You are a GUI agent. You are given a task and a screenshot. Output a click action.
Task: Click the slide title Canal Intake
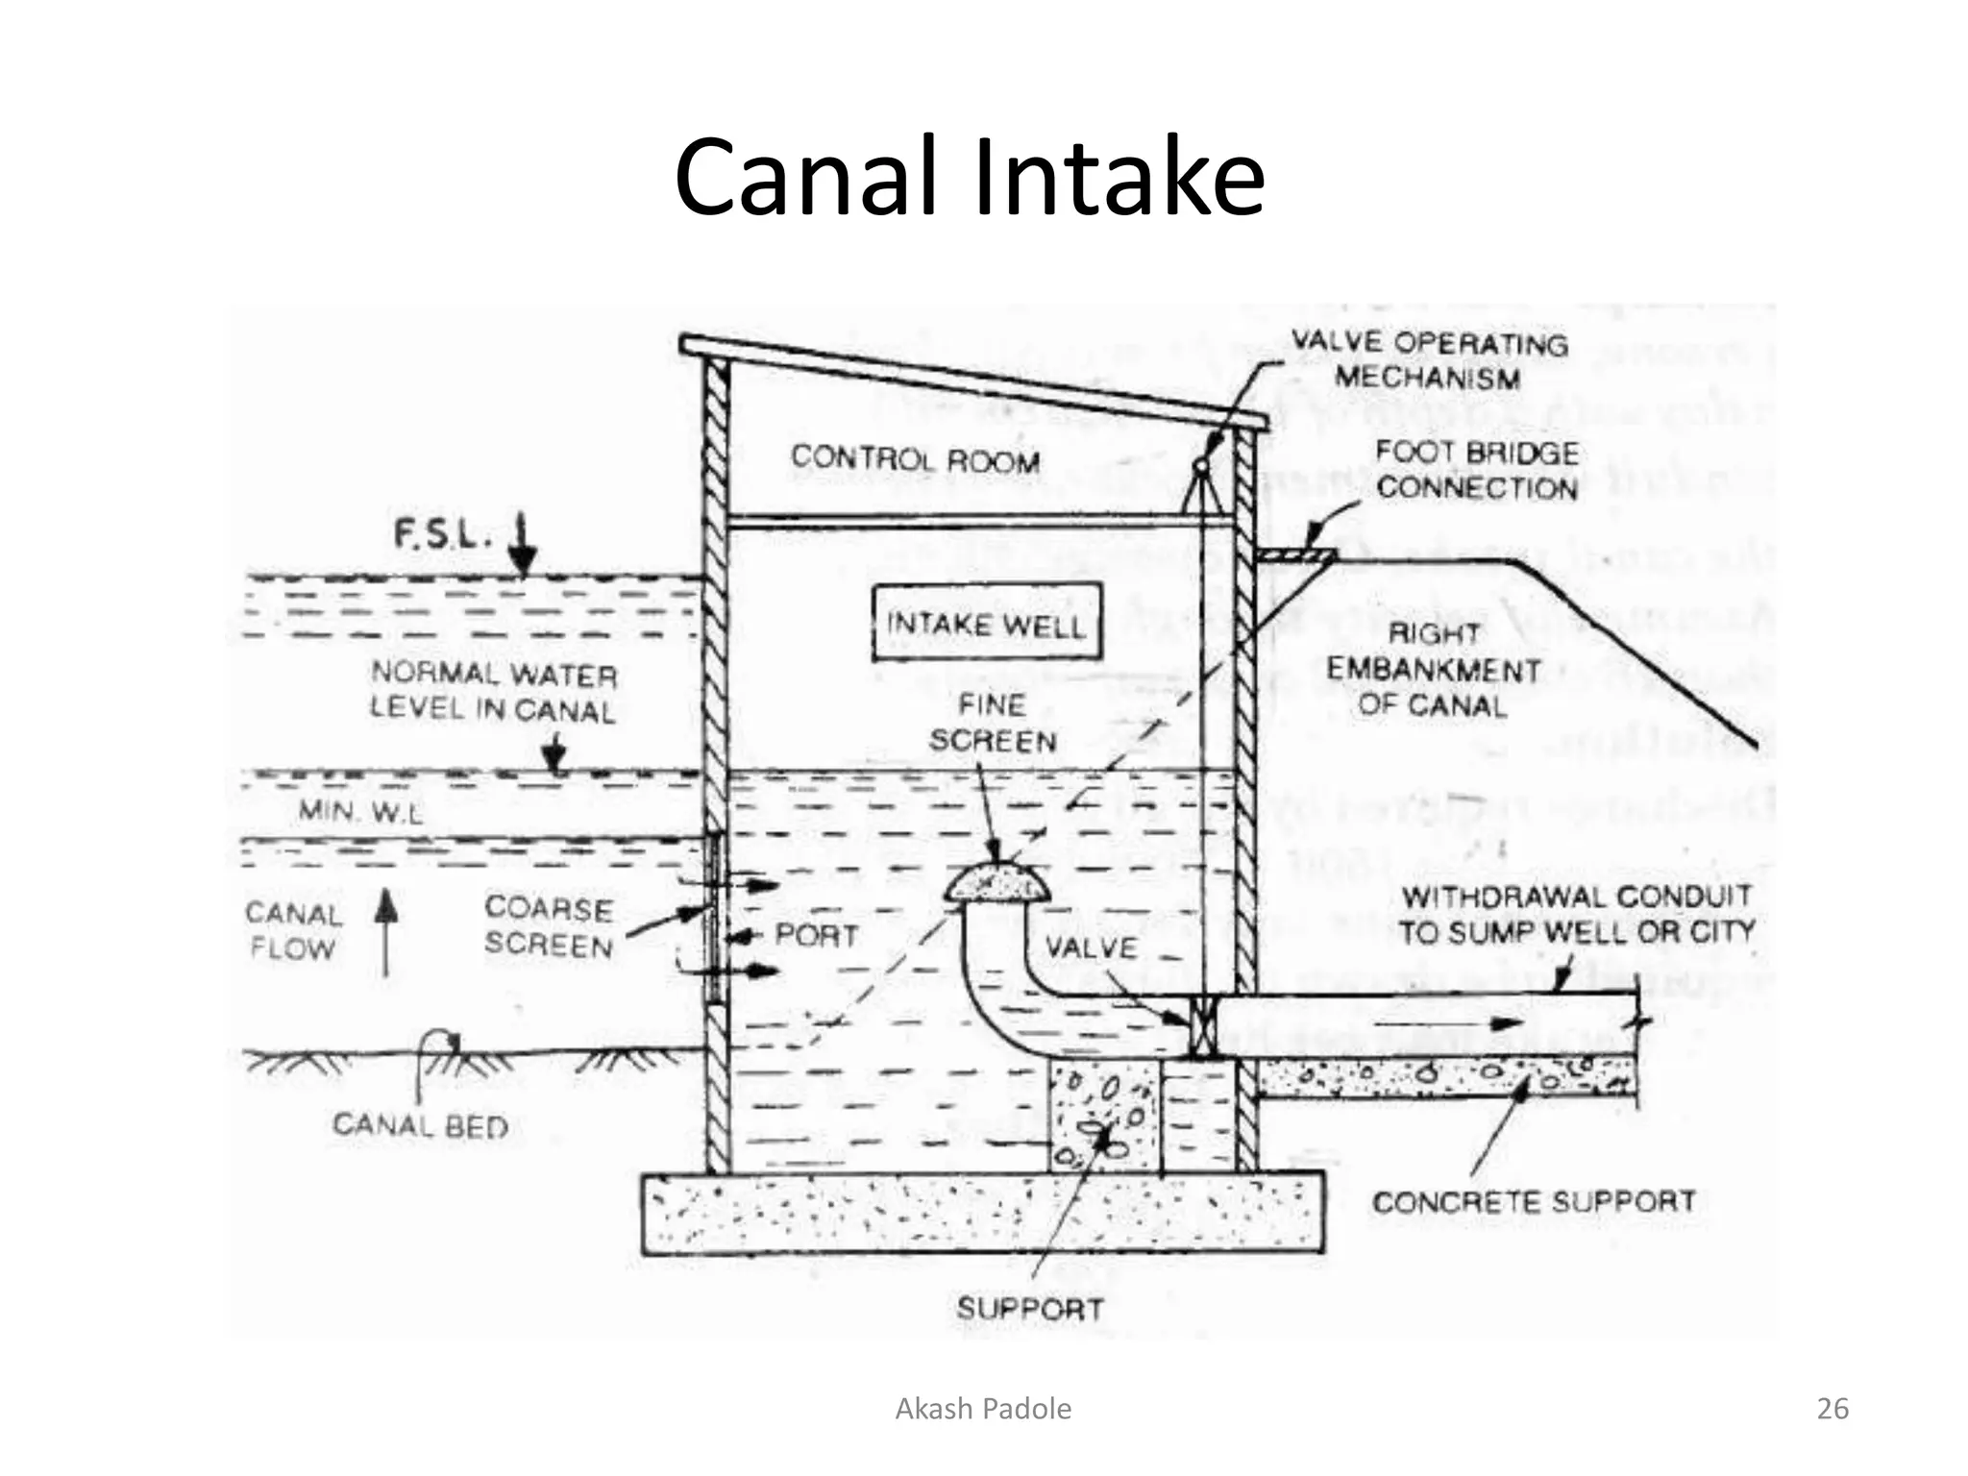(969, 179)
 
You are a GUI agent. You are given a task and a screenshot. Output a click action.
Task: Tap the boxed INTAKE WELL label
(986, 624)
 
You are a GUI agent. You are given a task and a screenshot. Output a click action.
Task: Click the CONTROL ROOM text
(915, 459)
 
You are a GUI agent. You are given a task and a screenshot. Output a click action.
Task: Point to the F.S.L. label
(441, 534)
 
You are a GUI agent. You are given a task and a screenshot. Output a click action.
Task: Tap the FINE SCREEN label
(993, 723)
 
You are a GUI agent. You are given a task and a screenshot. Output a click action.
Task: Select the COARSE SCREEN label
(549, 926)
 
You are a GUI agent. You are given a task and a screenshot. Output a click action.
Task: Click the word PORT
(816, 935)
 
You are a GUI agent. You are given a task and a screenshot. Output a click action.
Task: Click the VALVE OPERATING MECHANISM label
(1428, 359)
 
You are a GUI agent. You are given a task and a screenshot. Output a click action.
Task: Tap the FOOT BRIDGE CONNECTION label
(1476, 470)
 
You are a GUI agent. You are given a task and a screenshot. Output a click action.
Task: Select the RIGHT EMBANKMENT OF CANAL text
(1433, 670)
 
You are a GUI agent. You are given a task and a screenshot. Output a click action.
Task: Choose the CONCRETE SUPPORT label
(1533, 1202)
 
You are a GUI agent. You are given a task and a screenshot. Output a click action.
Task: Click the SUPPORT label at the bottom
(1029, 1309)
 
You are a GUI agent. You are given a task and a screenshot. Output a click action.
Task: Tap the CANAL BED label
(420, 1125)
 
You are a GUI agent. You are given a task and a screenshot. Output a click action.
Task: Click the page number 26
(1833, 1409)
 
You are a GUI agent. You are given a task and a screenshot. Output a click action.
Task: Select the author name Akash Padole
(983, 1409)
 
